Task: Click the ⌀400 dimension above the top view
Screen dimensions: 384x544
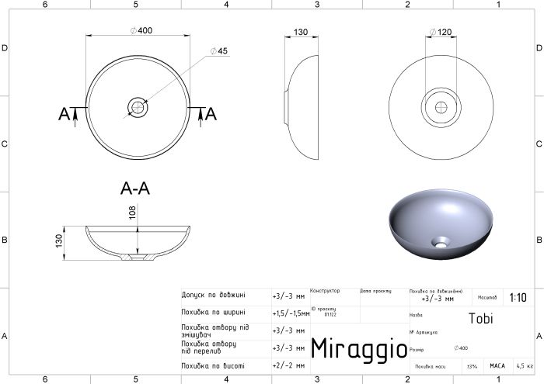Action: (x=141, y=29)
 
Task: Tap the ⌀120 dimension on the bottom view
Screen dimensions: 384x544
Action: (x=441, y=33)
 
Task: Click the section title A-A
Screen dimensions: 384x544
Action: (x=137, y=188)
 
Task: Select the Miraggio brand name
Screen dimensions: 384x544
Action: (x=358, y=348)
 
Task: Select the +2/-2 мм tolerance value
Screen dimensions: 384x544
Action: (x=286, y=365)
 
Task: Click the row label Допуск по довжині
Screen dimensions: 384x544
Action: (x=213, y=295)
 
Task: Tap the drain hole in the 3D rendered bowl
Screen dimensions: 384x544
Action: (x=441, y=241)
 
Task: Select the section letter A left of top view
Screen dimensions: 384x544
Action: (x=64, y=114)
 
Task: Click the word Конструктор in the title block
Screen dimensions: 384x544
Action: (x=325, y=291)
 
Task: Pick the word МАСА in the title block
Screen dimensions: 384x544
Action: (x=497, y=365)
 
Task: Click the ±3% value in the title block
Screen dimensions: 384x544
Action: (x=471, y=365)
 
